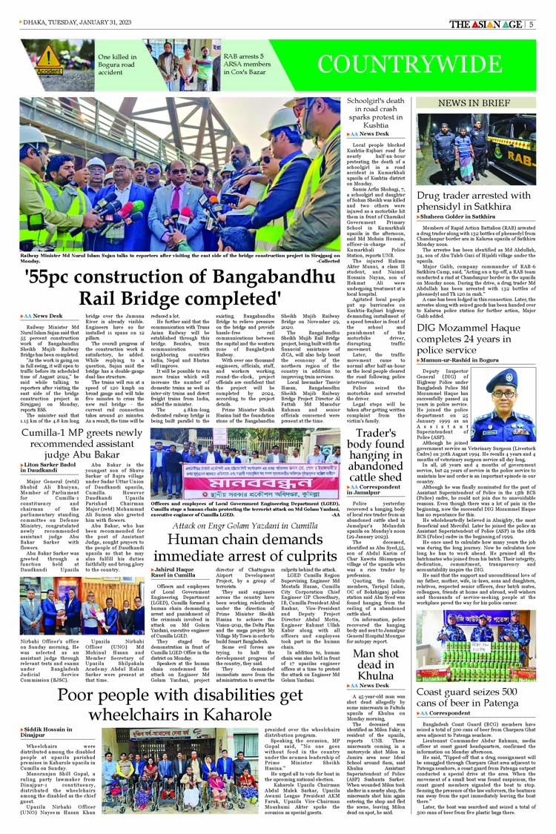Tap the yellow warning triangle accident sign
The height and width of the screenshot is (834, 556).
pyautogui.click(x=48, y=57)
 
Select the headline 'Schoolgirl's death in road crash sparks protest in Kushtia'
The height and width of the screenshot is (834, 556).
pyautogui.click(x=378, y=115)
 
